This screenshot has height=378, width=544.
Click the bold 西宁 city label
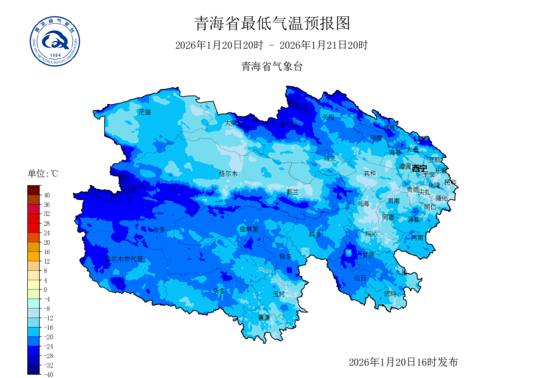pyautogui.click(x=419, y=168)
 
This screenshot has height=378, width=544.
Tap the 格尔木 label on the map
pyautogui.click(x=228, y=173)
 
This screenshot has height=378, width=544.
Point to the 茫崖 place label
pyautogui.click(x=145, y=112)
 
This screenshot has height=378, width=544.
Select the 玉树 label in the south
pyautogui.click(x=279, y=294)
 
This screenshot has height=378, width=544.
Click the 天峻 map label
pyautogui.click(x=328, y=117)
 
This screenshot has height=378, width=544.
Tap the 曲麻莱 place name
pyautogui.click(x=249, y=229)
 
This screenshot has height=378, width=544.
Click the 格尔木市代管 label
pyautogui.click(x=124, y=259)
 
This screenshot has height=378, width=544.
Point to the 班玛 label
pyautogui.click(x=390, y=293)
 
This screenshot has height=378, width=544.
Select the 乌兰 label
pyautogui.click(x=329, y=158)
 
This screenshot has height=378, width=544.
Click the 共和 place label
pyautogui.click(x=369, y=173)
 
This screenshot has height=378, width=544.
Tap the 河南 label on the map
pyautogui.click(x=417, y=237)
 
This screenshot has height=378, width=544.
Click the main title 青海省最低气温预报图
pyautogui.click(x=272, y=23)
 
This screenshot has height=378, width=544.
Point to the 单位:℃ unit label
pyautogui.click(x=42, y=174)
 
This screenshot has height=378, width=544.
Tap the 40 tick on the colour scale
pyautogui.click(x=47, y=195)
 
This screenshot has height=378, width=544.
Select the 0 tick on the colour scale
pyautogui.click(x=45, y=289)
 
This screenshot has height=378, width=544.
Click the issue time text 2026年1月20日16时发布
pyautogui.click(x=403, y=362)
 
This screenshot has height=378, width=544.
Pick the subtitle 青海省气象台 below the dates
pyautogui.click(x=272, y=66)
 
